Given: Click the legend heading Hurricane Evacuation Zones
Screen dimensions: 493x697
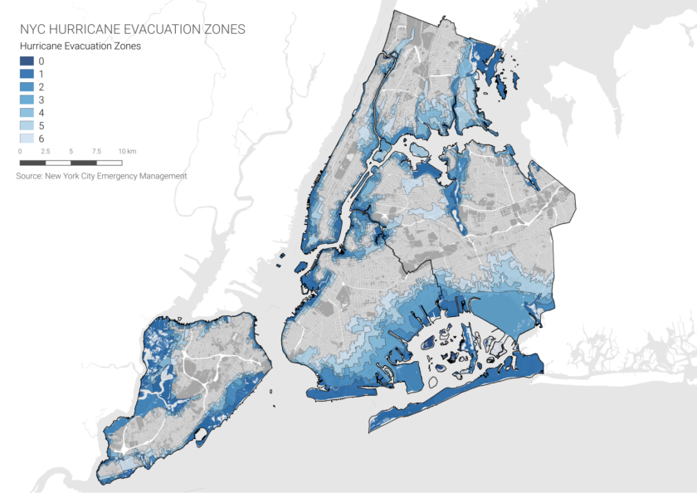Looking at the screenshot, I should click(x=80, y=46).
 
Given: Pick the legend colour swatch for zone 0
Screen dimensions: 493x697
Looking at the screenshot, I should click(x=27, y=61).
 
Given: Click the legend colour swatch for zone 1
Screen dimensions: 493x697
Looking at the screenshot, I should click(x=27, y=74).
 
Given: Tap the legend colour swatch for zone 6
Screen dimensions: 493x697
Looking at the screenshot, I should click(x=27, y=138).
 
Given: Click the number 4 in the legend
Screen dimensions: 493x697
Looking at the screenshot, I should click(x=41, y=112).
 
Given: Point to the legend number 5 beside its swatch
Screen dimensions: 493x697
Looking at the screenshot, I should click(x=41, y=125).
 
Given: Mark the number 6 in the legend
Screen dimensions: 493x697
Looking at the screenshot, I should click(x=41, y=138).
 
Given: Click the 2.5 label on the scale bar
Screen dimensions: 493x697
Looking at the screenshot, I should click(x=46, y=152).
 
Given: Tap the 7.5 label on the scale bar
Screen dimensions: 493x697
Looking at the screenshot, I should click(x=97, y=152).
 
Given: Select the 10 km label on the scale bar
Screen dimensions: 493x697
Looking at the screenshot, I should click(x=126, y=152).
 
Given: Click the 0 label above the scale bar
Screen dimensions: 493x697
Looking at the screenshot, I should click(x=20, y=152).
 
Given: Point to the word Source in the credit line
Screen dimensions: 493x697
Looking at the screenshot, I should click(x=28, y=176).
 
